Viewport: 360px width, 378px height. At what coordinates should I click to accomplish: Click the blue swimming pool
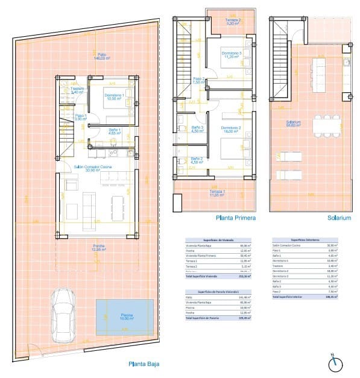point(121,317)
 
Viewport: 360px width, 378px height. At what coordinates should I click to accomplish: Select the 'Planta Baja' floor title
point(144,364)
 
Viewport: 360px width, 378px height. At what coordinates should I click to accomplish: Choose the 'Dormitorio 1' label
point(115,96)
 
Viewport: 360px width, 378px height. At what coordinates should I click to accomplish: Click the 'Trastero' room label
point(76,91)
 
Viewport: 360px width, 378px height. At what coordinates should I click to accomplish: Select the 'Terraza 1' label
point(217,193)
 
